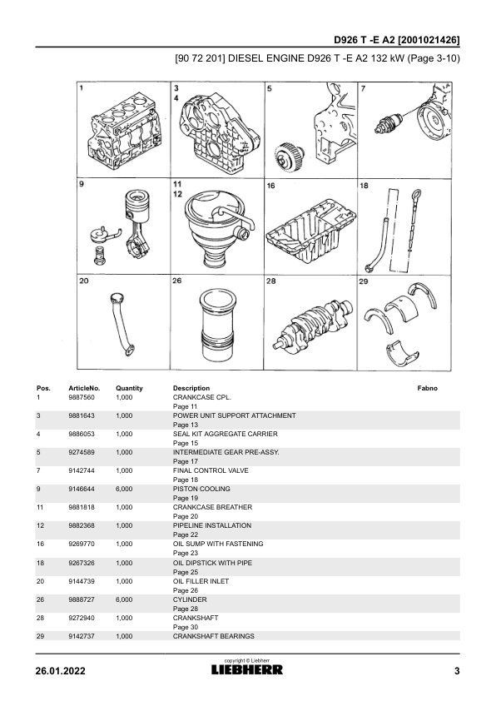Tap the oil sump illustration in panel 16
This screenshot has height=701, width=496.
pyautogui.click(x=311, y=232)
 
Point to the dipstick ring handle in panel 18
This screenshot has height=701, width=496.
pyautogui.click(x=416, y=195)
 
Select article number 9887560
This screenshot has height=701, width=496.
pyautogui.click(x=82, y=397)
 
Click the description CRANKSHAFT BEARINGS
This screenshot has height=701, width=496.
pyautogui.click(x=214, y=636)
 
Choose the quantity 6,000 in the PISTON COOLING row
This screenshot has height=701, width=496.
pyautogui.click(x=124, y=489)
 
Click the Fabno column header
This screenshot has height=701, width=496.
pyautogui.click(x=427, y=388)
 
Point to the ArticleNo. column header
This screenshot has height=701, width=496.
pyautogui.click(x=84, y=388)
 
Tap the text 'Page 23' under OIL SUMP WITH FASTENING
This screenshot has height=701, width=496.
pyautogui.click(x=186, y=553)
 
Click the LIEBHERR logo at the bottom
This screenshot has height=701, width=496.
pyautogui.click(x=247, y=669)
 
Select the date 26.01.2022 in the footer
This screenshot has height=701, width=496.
pyautogui.click(x=60, y=671)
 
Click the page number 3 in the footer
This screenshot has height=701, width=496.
pyautogui.click(x=457, y=671)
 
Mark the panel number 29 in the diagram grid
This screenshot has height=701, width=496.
pyautogui.click(x=364, y=281)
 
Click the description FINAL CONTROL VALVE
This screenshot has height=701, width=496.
pyautogui.click(x=211, y=470)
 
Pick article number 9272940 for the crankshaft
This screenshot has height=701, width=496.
pyautogui.click(x=82, y=618)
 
